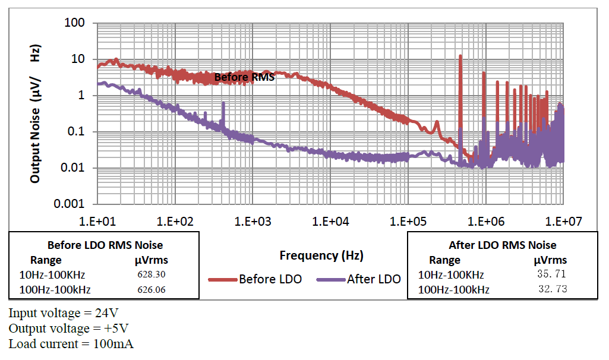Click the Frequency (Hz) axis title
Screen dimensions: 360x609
click(x=321, y=255)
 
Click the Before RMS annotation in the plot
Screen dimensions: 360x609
click(x=244, y=77)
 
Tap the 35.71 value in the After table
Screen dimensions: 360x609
click(x=551, y=274)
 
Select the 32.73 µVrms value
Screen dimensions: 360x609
click(x=551, y=290)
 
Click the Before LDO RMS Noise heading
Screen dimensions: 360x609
click(x=105, y=245)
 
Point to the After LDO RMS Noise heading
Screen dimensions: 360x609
click(x=503, y=245)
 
